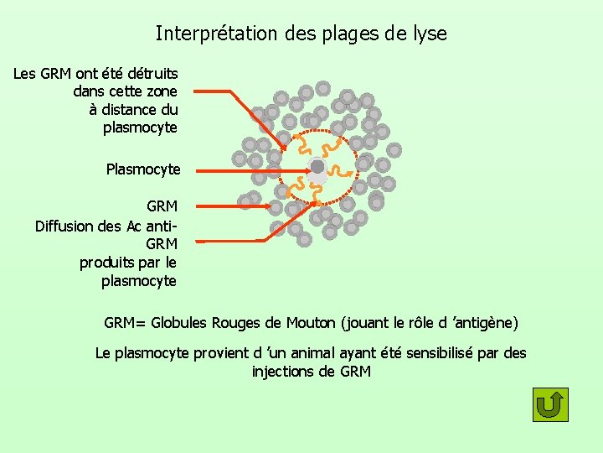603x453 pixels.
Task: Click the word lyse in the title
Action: [429, 34]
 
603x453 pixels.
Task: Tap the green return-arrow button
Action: [550, 405]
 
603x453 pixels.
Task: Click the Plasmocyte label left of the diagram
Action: [143, 169]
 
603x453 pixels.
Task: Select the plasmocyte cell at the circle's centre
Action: [317, 167]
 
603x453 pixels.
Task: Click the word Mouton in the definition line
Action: [311, 323]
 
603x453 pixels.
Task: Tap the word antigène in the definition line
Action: [486, 323]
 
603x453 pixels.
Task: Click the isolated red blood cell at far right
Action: [394, 149]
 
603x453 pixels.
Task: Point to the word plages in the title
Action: [345, 34]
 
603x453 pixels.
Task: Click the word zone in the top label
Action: [161, 91]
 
